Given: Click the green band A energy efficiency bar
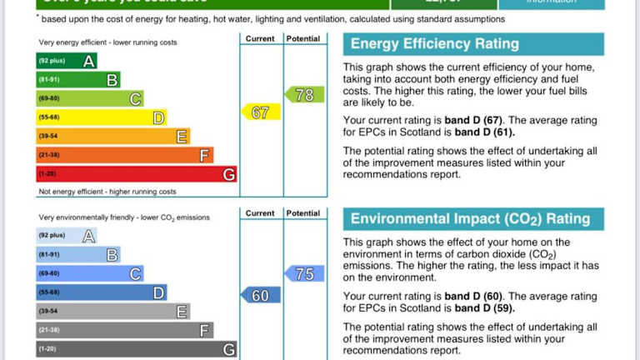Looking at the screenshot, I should [x=66, y=60].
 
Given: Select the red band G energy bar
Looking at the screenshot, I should [x=136, y=174].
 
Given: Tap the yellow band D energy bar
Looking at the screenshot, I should [x=101, y=117].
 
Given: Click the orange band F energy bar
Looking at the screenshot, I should [x=124, y=155].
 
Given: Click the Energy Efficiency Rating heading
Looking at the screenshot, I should [x=434, y=44].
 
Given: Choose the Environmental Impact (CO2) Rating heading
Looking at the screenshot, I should [x=470, y=219].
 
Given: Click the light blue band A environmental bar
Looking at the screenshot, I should [x=66, y=236].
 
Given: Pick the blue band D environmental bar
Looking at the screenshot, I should [x=101, y=292].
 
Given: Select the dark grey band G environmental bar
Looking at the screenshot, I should [x=136, y=349].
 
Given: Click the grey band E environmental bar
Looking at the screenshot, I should [x=112, y=312].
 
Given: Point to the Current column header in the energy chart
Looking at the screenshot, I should [x=261, y=38].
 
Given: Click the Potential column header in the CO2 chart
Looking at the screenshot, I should [x=303, y=213].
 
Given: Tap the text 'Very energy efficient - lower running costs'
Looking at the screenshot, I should [x=107, y=42].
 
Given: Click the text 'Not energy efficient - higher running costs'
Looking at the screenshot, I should [x=107, y=192].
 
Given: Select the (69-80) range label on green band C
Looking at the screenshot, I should [x=49, y=98].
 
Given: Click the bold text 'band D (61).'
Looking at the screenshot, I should [x=485, y=132].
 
